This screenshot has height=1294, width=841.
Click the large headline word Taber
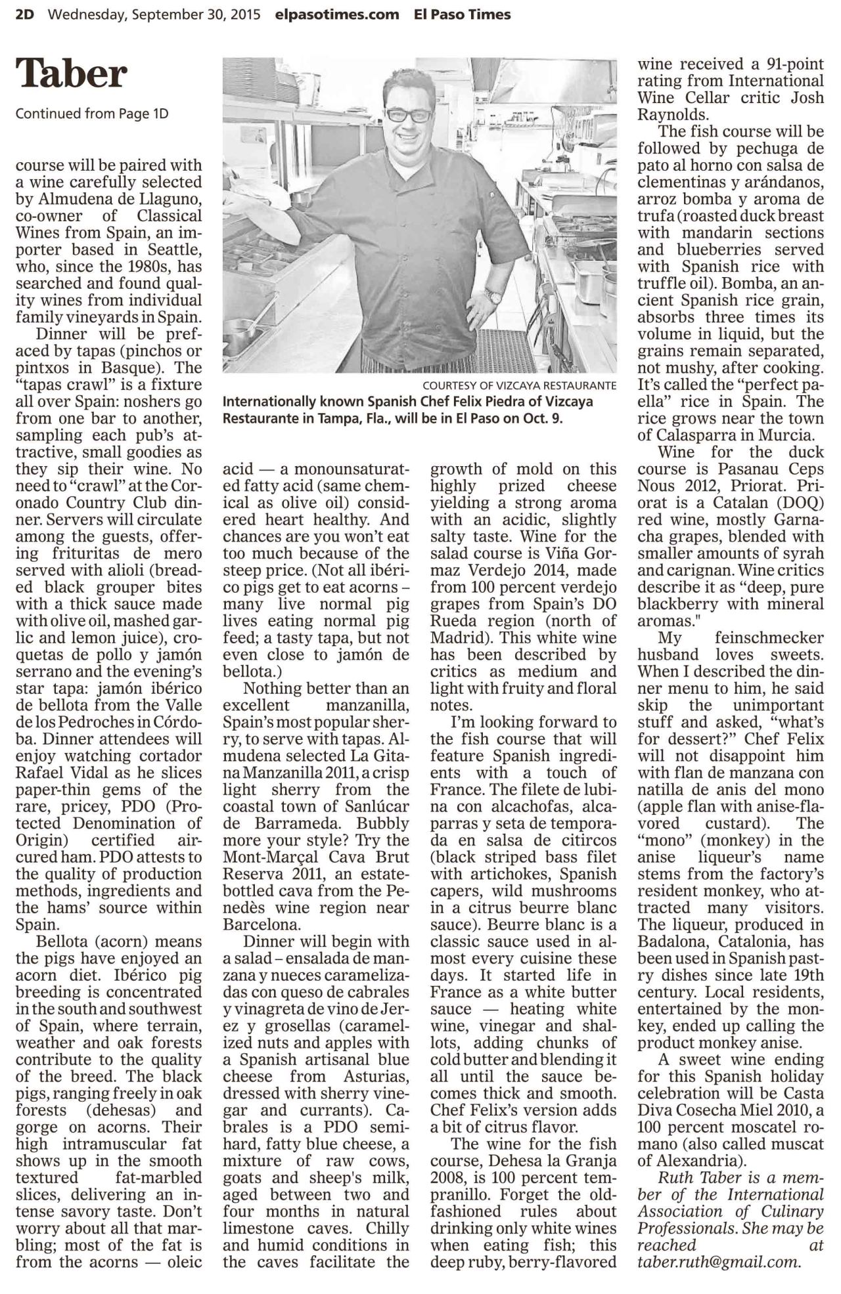(71, 74)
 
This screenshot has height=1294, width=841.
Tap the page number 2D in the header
(25, 14)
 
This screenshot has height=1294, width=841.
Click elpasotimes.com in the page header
(338, 14)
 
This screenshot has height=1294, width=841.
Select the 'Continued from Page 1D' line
(92, 114)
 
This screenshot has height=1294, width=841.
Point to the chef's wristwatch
(492, 295)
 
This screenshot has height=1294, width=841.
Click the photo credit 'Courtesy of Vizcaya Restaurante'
(519, 385)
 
